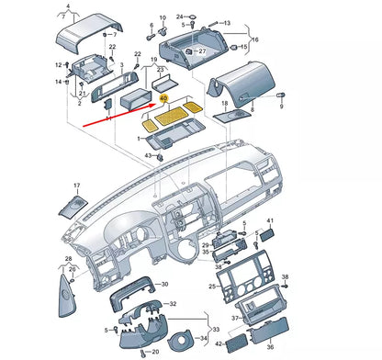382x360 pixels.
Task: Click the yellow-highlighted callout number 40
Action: tap(163, 96)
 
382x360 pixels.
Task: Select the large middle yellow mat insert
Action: tap(170, 115)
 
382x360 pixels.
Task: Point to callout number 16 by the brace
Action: tap(255, 39)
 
